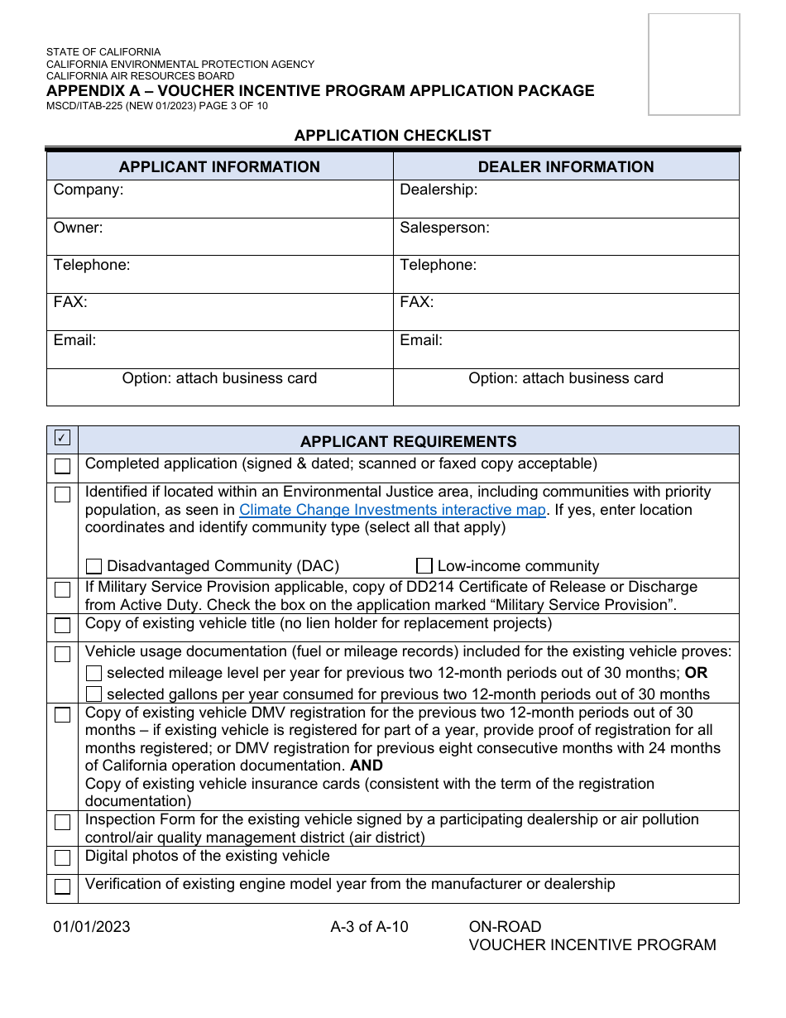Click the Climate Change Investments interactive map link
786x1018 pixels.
click(x=392, y=510)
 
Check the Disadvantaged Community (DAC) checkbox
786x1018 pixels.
click(x=94, y=566)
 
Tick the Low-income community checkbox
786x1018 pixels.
click(x=424, y=566)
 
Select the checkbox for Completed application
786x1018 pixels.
click(x=63, y=466)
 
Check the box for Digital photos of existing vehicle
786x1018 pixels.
click(x=63, y=857)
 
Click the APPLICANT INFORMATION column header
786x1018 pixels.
click(x=219, y=166)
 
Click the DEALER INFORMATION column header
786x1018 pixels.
click(x=566, y=166)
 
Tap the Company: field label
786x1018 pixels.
click(x=89, y=190)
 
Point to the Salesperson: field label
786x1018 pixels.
click(x=444, y=228)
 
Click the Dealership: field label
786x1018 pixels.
click(x=439, y=190)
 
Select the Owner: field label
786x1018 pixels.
click(x=79, y=228)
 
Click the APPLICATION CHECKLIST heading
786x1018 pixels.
click(x=393, y=135)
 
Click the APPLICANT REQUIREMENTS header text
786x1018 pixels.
click(x=408, y=441)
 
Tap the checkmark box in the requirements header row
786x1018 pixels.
click(x=63, y=438)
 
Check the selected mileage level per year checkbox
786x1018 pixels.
click(x=94, y=673)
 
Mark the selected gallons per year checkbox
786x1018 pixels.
click(x=94, y=694)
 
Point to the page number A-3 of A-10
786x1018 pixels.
click(x=369, y=926)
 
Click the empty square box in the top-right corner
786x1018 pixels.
click(x=693, y=64)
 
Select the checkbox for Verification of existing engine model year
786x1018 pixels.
click(x=63, y=886)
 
